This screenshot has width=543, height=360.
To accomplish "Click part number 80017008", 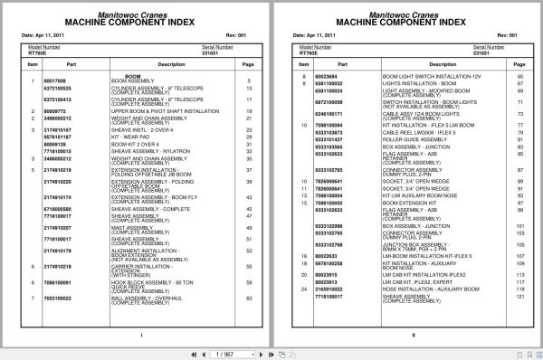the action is pyautogui.click(x=55, y=81).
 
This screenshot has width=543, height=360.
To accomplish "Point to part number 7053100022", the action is pyautogui.click(x=57, y=297).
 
